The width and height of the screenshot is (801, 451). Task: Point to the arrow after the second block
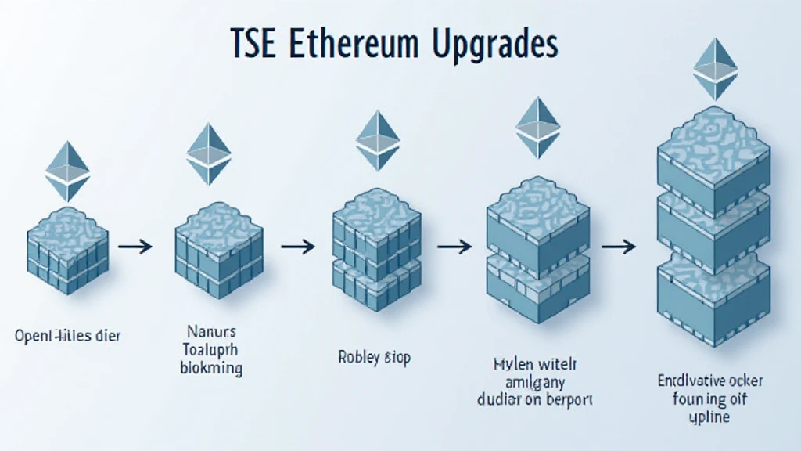(x=297, y=247)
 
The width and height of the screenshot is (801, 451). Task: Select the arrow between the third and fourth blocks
(x=453, y=247)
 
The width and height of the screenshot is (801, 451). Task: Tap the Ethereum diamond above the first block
(x=67, y=171)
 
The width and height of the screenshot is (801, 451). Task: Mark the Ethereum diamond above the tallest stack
(x=715, y=68)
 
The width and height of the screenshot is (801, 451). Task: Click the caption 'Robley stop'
(x=374, y=358)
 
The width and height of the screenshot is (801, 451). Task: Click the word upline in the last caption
(x=709, y=417)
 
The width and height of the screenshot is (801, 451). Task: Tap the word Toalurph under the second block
(x=210, y=348)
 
